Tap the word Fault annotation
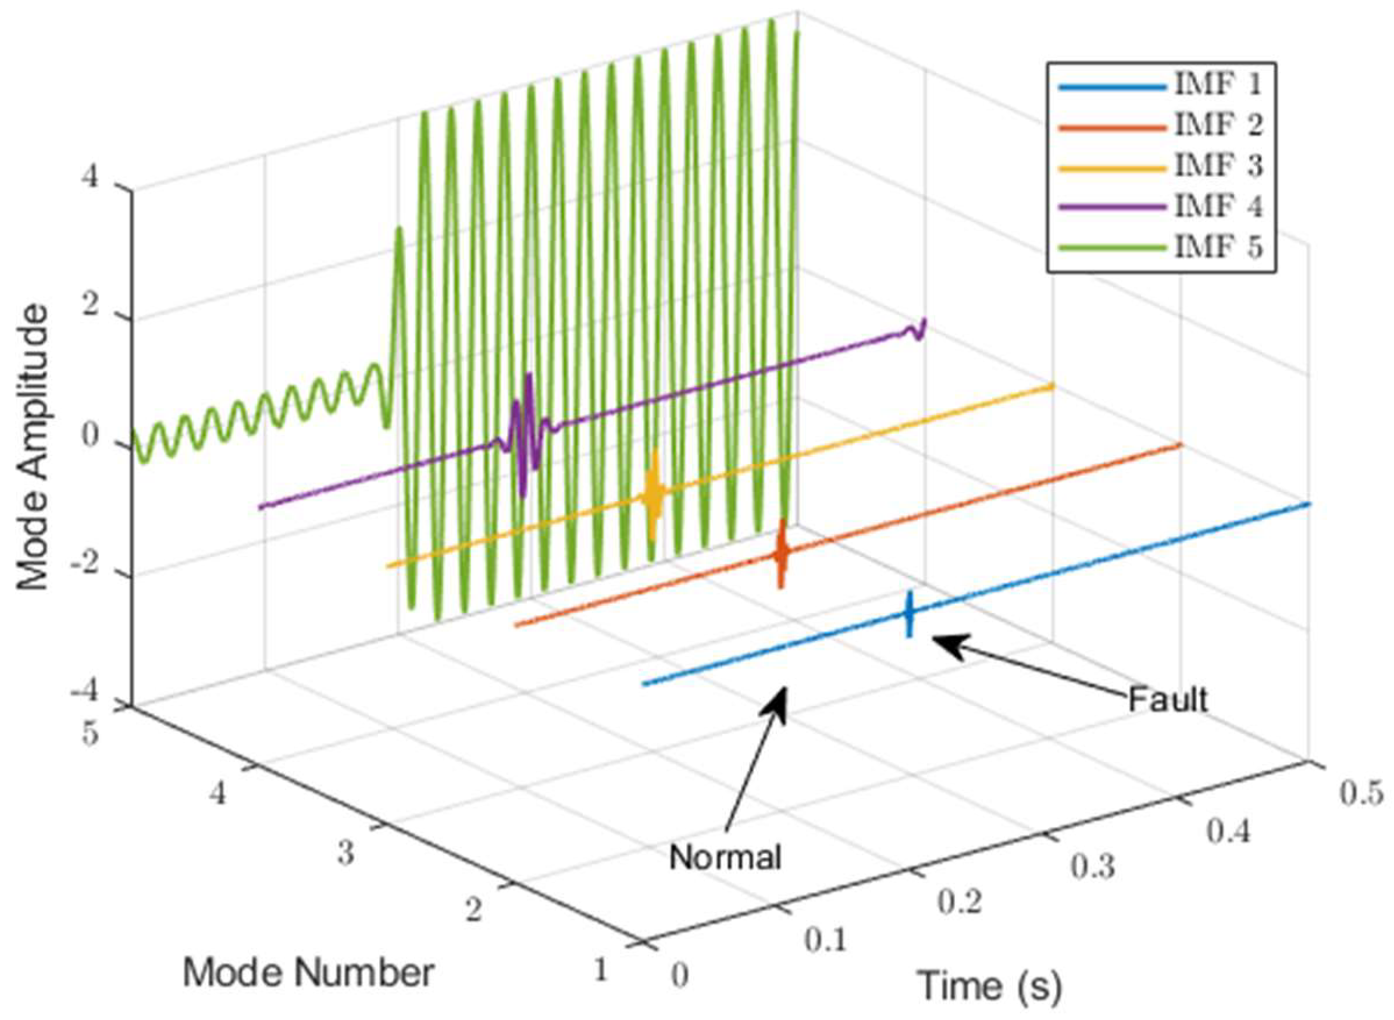point(1167,700)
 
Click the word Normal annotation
point(725,857)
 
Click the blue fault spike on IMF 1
point(908,613)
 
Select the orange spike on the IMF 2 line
point(781,553)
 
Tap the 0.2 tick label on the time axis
point(960,903)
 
